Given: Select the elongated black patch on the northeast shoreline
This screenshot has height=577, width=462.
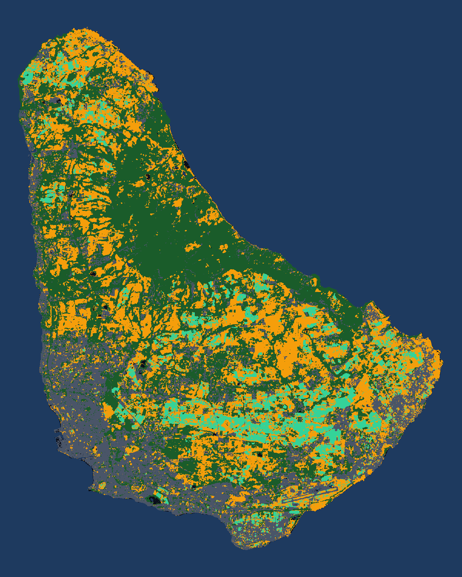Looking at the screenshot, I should (187, 166).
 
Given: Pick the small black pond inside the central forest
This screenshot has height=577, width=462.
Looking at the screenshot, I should (147, 177).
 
